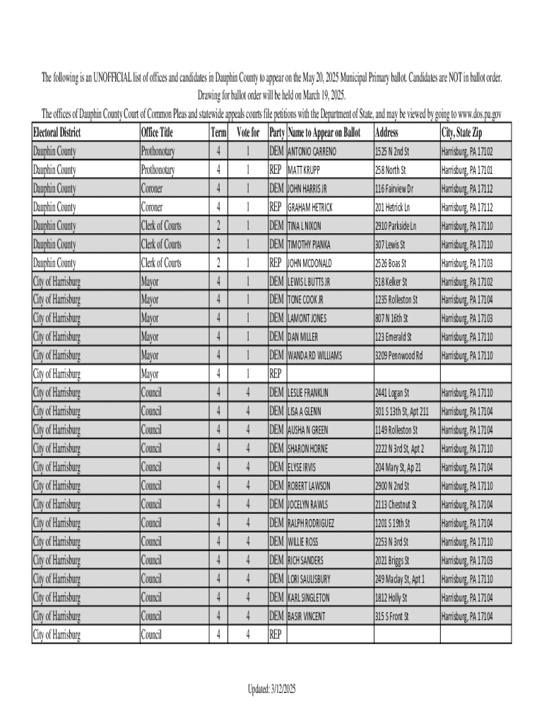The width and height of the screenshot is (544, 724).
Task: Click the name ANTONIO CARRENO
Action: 312,152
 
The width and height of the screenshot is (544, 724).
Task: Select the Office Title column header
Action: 157,133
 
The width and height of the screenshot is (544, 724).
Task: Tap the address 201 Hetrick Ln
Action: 392,208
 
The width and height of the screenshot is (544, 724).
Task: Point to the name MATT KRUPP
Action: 304,170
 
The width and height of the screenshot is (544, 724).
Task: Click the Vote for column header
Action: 248,133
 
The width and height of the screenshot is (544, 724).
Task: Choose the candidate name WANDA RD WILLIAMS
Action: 314,356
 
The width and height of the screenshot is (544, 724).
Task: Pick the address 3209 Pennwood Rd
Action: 398,356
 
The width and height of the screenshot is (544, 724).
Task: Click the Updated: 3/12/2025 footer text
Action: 272,689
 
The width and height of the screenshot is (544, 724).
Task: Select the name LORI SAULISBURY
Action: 309,579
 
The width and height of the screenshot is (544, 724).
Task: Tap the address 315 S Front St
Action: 392,617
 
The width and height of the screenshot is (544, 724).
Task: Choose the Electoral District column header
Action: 57,133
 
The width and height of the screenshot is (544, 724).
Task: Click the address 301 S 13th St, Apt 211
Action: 401,411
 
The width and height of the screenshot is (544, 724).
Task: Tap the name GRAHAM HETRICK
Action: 310,208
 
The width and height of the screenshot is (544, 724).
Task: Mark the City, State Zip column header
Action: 462,133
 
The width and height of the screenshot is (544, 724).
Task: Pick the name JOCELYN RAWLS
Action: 307,505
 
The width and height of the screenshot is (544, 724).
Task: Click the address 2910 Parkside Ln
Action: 396,226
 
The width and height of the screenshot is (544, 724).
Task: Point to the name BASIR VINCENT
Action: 307,617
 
